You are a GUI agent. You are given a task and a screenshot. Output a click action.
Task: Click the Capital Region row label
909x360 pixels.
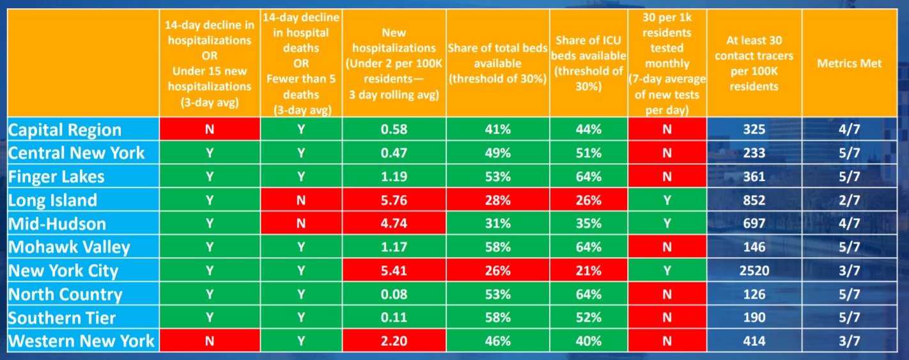[65, 130]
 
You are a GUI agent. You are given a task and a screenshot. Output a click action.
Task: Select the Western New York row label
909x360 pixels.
[81, 341]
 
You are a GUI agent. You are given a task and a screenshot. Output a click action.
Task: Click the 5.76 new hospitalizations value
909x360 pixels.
[394, 200]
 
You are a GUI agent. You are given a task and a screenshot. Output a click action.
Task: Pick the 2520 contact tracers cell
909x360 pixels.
[754, 270]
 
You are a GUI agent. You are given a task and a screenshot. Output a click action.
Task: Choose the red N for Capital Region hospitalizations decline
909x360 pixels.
[210, 130]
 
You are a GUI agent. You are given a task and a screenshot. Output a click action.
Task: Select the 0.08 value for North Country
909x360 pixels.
[394, 294]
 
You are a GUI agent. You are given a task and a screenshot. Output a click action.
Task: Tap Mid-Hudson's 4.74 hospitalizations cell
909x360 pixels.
[394, 224]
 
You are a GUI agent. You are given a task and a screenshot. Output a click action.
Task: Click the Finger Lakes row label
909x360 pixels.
[56, 176]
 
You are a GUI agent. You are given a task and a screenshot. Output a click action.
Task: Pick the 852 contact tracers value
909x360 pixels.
[754, 200]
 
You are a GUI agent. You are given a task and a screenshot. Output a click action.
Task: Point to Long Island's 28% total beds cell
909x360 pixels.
[497, 200]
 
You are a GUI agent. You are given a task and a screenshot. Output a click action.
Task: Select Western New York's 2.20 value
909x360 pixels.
[394, 341]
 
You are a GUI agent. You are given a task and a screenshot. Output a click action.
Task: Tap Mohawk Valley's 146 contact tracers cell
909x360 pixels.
[754, 247]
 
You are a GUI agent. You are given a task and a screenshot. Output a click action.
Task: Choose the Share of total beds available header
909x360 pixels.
[497, 63]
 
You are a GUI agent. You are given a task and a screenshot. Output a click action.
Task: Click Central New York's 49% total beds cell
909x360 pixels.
[497, 153]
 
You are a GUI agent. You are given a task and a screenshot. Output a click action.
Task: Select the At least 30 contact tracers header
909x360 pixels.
[754, 63]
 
